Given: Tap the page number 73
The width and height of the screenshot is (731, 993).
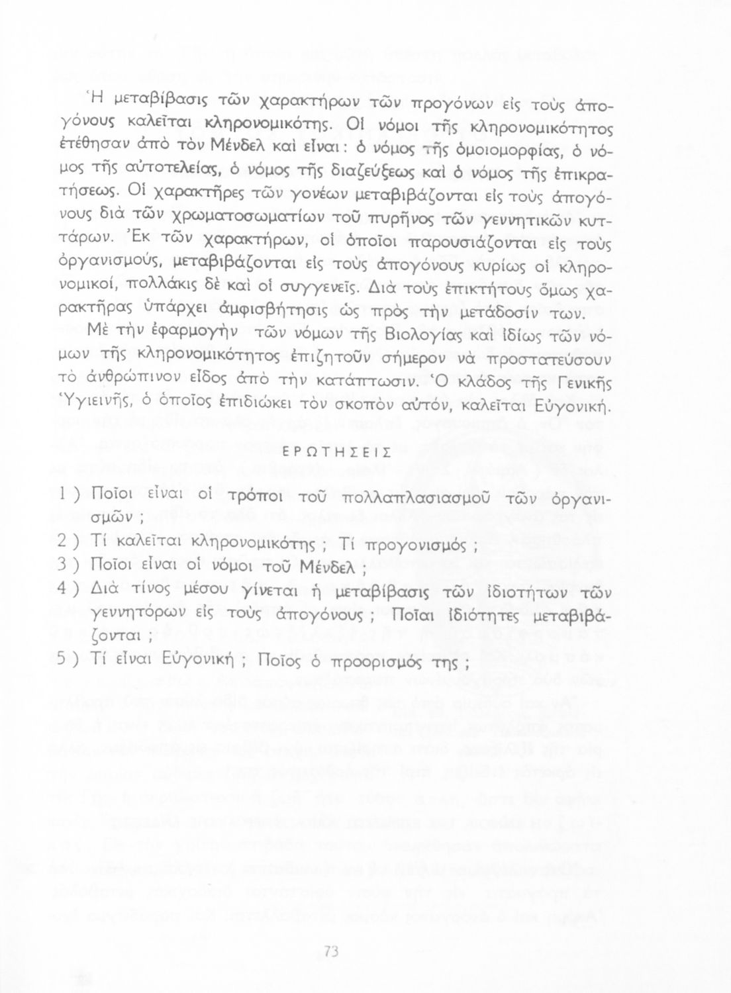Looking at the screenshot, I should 332,952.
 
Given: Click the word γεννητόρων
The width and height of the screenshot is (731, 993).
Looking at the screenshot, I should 139,616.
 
